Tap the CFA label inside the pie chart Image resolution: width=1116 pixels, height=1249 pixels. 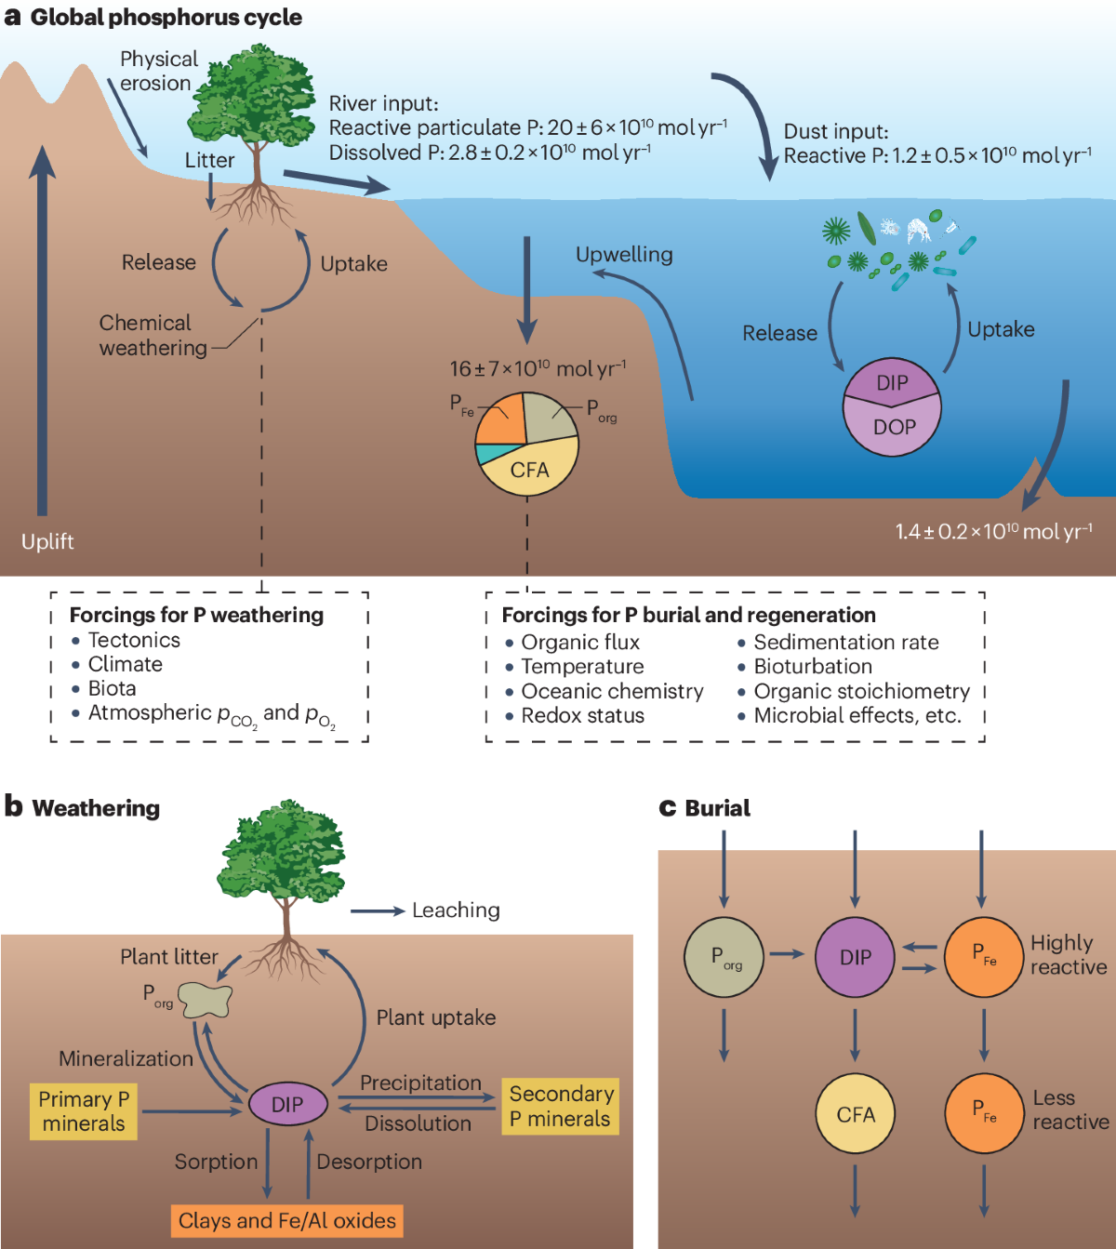(x=530, y=471)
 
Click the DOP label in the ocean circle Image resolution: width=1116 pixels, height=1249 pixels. (x=894, y=427)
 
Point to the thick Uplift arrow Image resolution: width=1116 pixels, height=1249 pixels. (x=42, y=330)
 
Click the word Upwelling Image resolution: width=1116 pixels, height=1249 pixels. (x=624, y=255)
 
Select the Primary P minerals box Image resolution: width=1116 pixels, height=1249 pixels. (x=84, y=1111)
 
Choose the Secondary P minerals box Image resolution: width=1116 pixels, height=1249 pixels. (x=561, y=1107)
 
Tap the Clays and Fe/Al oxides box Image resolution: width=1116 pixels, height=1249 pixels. (x=286, y=1221)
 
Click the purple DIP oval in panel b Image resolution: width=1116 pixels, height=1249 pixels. (x=288, y=1104)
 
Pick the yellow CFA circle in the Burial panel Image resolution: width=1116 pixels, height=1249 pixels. (x=856, y=1114)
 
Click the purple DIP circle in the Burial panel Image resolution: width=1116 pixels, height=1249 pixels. (x=855, y=957)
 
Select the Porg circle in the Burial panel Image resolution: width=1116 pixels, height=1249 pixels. (x=724, y=957)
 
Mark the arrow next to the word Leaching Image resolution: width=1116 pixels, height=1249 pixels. (x=378, y=911)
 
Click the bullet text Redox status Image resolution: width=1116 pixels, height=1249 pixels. (x=583, y=715)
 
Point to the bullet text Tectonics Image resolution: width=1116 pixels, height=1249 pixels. (x=134, y=640)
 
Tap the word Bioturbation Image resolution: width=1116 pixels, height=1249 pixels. (x=813, y=667)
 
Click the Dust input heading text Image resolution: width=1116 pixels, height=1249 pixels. (x=836, y=131)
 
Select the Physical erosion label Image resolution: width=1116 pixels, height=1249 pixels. (x=159, y=71)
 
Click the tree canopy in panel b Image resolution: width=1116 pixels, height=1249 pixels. (x=281, y=851)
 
